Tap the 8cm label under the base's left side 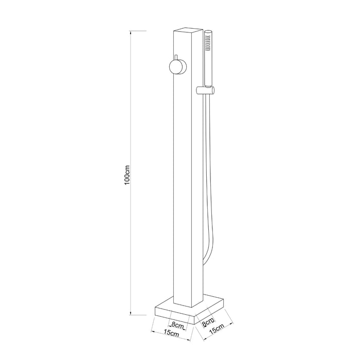coord(177,325)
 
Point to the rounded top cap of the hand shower coord(208,33)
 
